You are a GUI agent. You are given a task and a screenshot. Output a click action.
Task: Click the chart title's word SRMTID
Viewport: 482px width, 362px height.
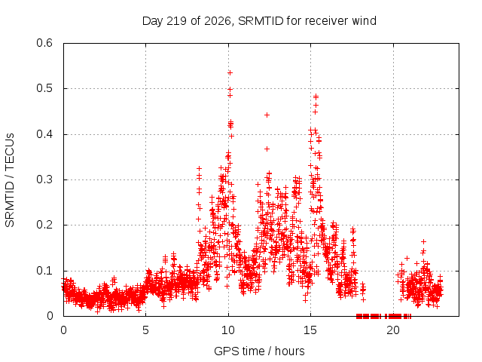[x=261, y=21]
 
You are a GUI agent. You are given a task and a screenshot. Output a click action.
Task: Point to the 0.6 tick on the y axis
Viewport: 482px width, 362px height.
[x=44, y=43]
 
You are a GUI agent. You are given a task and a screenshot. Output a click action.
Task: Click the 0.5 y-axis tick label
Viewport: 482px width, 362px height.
[x=44, y=88]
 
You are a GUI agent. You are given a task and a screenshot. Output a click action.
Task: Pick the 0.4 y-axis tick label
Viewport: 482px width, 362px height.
[x=44, y=134]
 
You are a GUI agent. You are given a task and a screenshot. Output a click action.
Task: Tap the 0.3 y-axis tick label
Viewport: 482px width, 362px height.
[x=44, y=179]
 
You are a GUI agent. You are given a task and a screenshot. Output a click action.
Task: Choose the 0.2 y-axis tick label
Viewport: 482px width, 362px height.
[x=44, y=225]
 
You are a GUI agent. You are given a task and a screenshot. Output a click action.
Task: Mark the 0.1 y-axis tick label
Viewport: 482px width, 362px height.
[x=44, y=271]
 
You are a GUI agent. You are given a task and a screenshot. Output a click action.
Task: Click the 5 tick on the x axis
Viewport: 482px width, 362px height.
[x=145, y=330]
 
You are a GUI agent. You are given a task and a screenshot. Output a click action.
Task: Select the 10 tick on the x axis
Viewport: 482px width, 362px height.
[x=228, y=330]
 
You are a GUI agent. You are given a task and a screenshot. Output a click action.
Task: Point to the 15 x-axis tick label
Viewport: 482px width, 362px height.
[x=310, y=330]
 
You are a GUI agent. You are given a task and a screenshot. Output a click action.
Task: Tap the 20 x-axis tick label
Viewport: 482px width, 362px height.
[x=393, y=330]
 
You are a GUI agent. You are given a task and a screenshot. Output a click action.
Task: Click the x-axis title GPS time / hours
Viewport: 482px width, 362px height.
[x=259, y=351]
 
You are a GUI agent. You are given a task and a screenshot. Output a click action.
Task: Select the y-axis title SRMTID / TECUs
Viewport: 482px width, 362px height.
[x=10, y=180]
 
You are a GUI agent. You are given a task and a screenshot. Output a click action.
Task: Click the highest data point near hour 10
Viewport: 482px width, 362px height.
[x=230, y=72]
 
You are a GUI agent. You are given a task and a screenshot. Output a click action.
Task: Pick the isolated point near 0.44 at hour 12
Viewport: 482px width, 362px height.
[x=267, y=115]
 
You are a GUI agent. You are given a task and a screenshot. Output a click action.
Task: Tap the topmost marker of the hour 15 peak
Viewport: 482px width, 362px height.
[x=316, y=97]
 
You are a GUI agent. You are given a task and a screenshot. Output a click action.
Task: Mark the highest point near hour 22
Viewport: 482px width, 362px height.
[x=423, y=241]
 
